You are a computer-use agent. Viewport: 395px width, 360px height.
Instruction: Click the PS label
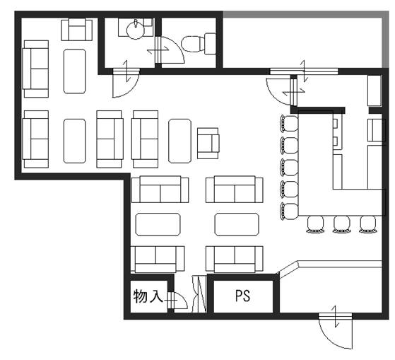[242, 296]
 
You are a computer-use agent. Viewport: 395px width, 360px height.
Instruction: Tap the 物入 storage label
[148, 296]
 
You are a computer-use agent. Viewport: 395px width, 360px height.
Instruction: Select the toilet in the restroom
[199, 43]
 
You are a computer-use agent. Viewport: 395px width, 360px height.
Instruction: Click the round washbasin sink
[136, 30]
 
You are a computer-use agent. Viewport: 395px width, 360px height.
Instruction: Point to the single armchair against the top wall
[76, 30]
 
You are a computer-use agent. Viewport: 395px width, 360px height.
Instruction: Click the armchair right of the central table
[208, 143]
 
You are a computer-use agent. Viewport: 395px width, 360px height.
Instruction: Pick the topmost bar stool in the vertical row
[289, 123]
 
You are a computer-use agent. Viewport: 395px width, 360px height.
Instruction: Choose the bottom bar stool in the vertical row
[289, 211]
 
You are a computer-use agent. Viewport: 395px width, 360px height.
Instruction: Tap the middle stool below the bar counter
[341, 224]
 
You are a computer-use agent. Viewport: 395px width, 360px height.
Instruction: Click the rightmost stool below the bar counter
[368, 224]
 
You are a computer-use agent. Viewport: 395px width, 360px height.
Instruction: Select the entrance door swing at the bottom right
[335, 331]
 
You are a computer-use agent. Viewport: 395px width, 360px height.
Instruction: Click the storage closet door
[177, 301]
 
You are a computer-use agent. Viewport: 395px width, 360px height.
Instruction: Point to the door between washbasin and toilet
[170, 50]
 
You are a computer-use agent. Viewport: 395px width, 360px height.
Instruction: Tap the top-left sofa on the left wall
[35, 69]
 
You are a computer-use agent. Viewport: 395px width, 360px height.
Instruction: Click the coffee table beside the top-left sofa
[75, 71]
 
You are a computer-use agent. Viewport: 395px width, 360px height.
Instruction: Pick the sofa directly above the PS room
[235, 260]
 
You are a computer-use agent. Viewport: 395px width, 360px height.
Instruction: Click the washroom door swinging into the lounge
[126, 83]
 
